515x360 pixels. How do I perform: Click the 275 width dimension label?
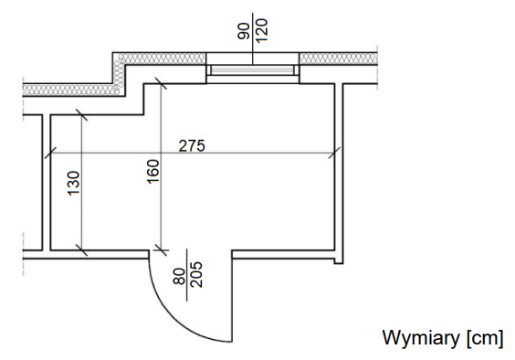pyautogui.click(x=192, y=145)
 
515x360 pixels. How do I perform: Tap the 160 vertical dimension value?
pyautogui.click(x=153, y=172)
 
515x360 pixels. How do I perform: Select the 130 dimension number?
pyautogui.click(x=74, y=183)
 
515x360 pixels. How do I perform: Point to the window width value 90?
pyautogui.click(x=244, y=31)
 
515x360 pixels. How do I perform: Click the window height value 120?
pyautogui.click(x=262, y=30)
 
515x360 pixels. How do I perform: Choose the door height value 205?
pyautogui.click(x=196, y=275)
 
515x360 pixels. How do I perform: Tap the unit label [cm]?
pyautogui.click(x=485, y=338)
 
